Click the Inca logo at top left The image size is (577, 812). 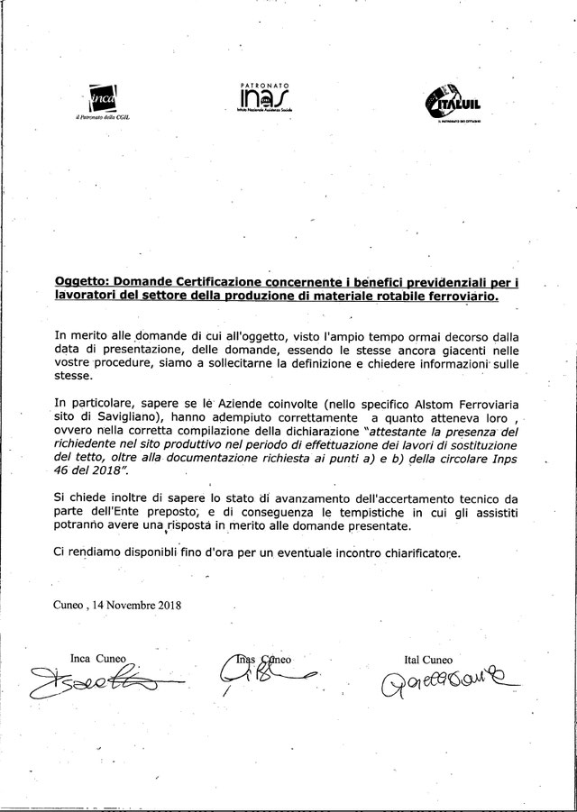(x=105, y=97)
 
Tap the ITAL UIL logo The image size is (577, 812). (x=454, y=102)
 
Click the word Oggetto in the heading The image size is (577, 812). (x=82, y=282)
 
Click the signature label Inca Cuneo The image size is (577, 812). (x=98, y=657)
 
